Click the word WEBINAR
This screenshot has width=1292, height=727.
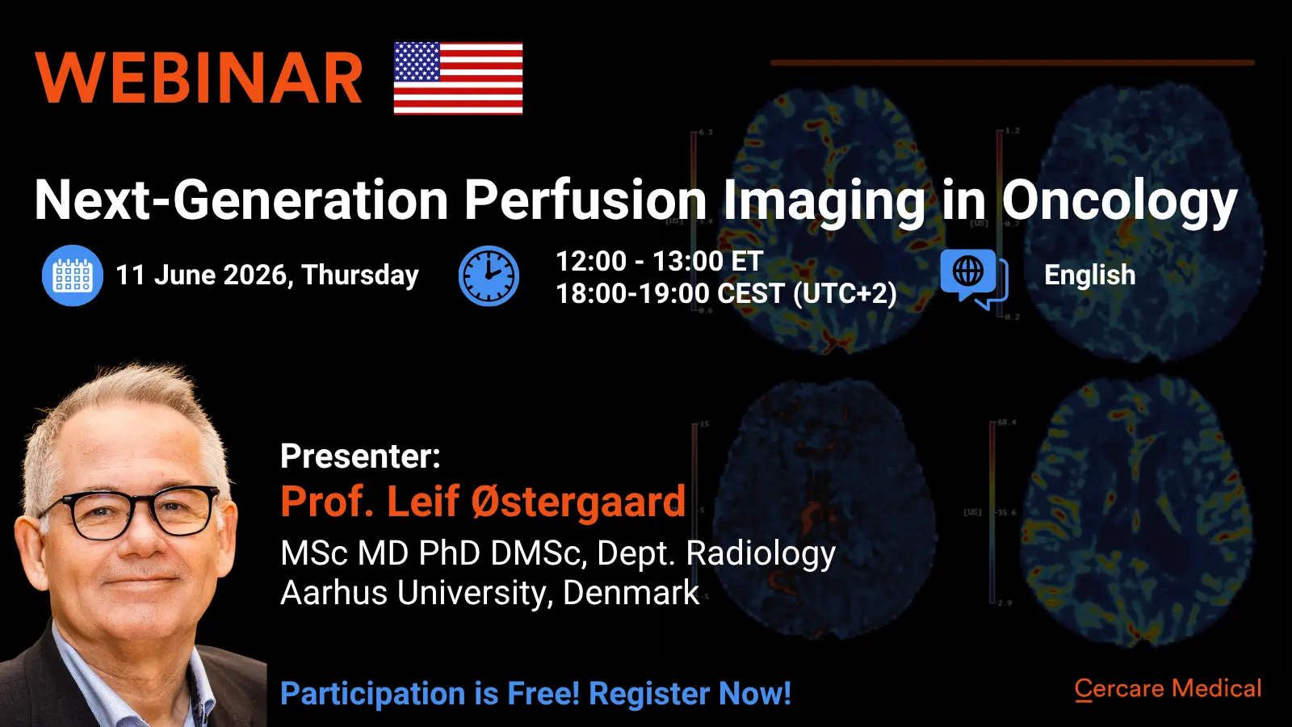[199, 78]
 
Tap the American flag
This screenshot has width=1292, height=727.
[458, 78]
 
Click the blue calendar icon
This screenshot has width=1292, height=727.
[73, 275]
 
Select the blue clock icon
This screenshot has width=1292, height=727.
[489, 275]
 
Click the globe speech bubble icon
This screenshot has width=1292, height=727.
[974, 279]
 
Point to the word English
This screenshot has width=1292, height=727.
[1089, 275]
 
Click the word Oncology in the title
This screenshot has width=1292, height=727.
[1119, 201]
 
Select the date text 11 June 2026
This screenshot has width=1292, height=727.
[202, 275]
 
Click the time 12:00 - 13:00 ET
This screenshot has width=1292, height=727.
[660, 261]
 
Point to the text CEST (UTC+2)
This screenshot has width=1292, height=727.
[807, 294]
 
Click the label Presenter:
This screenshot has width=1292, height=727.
[360, 456]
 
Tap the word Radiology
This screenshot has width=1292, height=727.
[761, 554]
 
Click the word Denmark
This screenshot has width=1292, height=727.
[631, 593]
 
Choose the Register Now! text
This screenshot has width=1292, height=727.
[690, 693]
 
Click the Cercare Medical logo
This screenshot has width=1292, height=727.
[1168, 689]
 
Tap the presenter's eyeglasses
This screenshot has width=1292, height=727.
[130, 511]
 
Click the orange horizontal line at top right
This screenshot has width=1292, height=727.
[1013, 63]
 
